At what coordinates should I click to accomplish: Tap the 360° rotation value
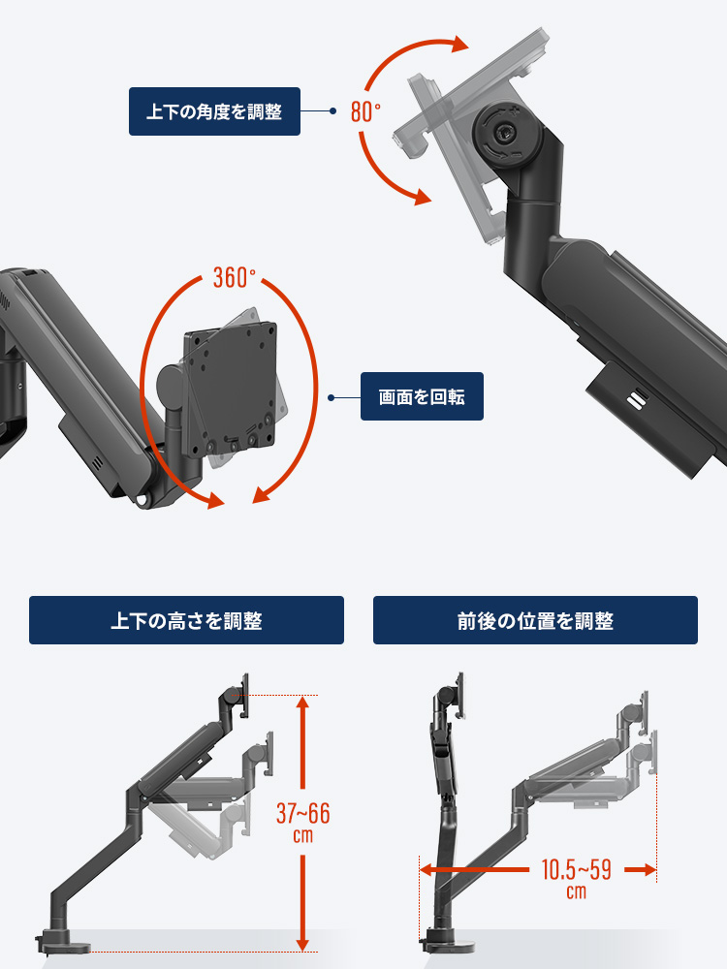(x=234, y=278)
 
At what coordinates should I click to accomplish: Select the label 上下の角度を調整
(x=214, y=111)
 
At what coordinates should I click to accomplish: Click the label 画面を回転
(x=422, y=396)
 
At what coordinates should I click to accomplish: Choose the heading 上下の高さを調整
(x=186, y=620)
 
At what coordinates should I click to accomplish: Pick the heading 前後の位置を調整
(x=535, y=620)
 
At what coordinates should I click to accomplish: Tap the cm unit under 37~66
(x=302, y=835)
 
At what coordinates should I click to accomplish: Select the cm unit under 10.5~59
(x=576, y=891)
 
